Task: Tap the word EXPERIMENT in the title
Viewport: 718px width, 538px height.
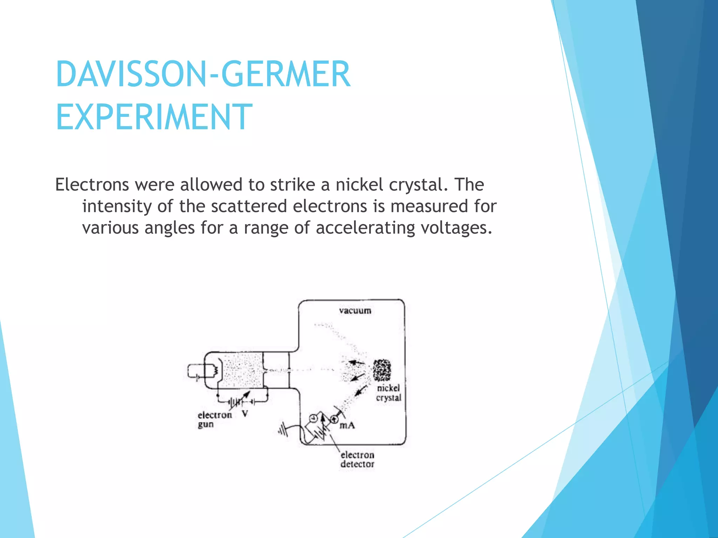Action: [154, 117]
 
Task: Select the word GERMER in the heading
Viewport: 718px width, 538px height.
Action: [285, 74]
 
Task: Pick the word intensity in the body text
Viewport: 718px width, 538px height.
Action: [117, 206]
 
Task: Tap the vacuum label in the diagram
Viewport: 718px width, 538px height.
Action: [355, 311]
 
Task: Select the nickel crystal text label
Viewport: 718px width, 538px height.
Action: [388, 393]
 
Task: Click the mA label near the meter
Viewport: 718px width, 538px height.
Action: [347, 426]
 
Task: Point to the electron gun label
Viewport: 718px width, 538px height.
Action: [214, 420]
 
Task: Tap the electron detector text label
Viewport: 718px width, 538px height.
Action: [357, 459]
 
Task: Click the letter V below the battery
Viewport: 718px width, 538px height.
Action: [245, 414]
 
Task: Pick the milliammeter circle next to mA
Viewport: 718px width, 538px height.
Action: [334, 419]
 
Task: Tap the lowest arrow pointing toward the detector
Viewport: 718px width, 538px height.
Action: [360, 391]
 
